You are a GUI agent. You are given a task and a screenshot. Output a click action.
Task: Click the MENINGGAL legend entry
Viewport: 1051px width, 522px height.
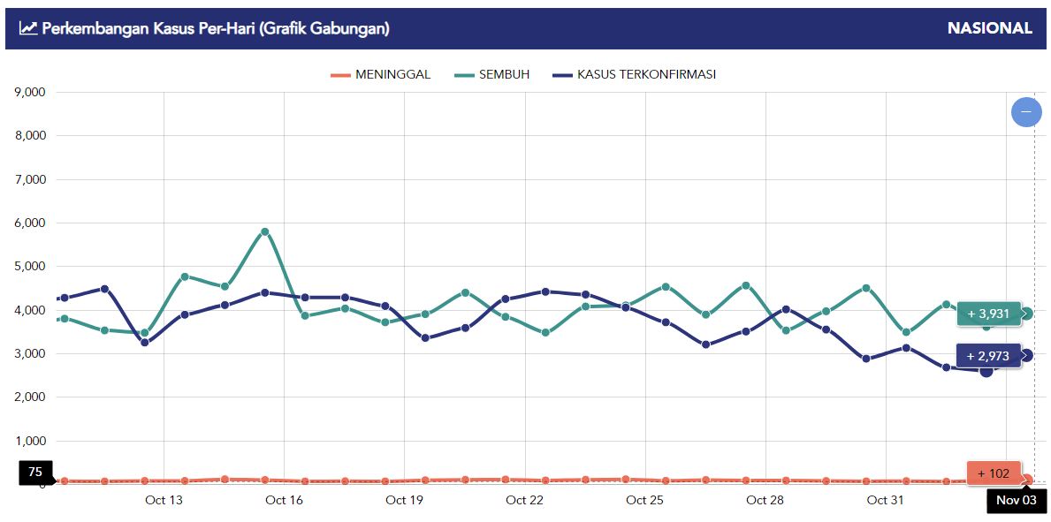(x=381, y=75)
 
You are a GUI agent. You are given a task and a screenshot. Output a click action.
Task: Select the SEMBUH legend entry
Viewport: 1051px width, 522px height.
(x=492, y=75)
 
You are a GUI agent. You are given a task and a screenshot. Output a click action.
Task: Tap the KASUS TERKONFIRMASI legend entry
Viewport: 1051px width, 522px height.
(x=634, y=75)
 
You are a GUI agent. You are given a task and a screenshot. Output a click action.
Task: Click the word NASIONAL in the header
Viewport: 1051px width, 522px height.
(x=989, y=28)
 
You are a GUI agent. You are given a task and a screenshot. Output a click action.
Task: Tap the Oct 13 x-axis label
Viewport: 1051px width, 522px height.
(x=164, y=501)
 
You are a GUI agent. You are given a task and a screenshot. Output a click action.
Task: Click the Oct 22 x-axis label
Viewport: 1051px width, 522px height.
(x=524, y=501)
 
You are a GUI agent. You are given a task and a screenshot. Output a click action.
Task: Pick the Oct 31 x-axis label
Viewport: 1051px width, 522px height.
(x=885, y=501)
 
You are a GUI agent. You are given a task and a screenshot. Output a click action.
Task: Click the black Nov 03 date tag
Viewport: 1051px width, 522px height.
(x=1017, y=501)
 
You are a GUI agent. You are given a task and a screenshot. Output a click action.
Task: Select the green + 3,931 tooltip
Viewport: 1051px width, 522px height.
(x=988, y=314)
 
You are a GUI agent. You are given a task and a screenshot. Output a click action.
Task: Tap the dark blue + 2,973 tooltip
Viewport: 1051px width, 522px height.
(x=988, y=356)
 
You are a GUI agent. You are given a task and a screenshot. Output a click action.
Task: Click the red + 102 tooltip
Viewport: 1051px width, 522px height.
(x=994, y=473)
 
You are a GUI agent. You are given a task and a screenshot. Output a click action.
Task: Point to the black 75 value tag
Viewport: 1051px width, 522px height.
(x=35, y=473)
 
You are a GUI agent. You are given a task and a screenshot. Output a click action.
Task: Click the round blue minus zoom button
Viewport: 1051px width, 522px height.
(x=1026, y=112)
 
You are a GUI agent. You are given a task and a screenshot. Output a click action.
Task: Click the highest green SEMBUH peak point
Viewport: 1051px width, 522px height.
(x=264, y=232)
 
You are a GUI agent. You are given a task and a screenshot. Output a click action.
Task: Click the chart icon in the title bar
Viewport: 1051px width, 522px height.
(x=28, y=28)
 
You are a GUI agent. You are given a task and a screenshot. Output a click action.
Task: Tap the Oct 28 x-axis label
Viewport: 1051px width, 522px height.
(x=765, y=501)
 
